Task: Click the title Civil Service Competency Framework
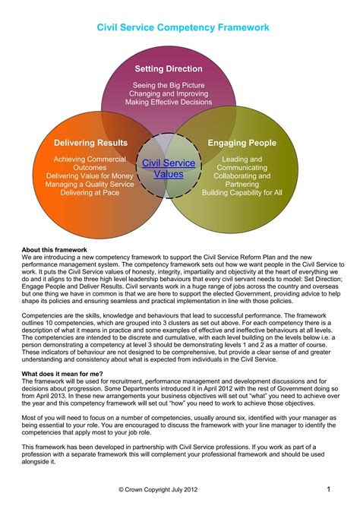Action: click(x=183, y=27)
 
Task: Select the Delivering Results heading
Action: click(x=90, y=143)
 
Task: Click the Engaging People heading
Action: click(x=242, y=143)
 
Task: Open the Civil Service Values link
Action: click(x=169, y=169)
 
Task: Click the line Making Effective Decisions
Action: click(x=169, y=102)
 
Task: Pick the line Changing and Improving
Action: click(x=169, y=93)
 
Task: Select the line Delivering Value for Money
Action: click(x=90, y=175)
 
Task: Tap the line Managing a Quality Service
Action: click(x=90, y=184)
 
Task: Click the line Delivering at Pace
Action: click(x=90, y=192)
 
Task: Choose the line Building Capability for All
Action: click(x=242, y=192)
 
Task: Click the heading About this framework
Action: click(x=55, y=250)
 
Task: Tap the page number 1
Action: click(x=328, y=488)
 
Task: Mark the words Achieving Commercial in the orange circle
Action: click(x=90, y=159)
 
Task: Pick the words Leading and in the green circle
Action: click(x=242, y=159)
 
